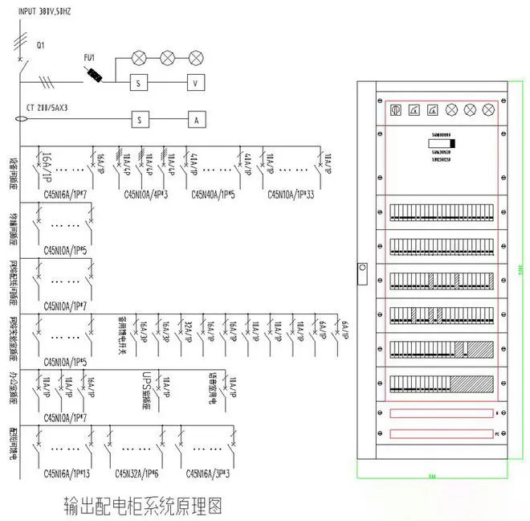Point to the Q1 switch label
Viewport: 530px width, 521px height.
(41, 46)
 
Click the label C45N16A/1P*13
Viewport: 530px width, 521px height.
(69, 474)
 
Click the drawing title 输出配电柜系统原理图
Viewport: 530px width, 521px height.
(141, 506)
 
